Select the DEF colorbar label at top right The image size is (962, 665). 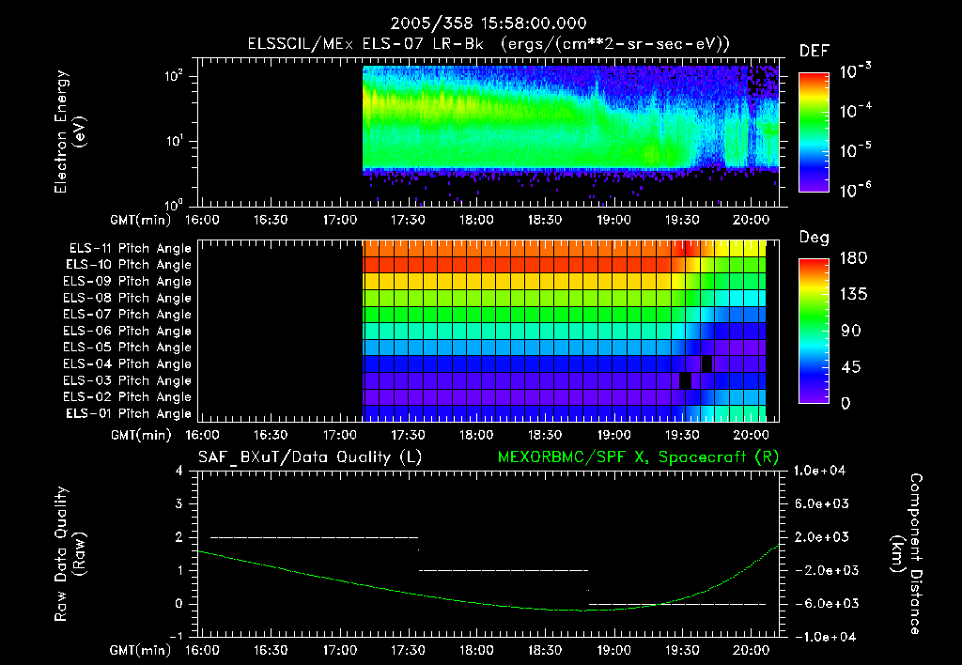click(x=814, y=52)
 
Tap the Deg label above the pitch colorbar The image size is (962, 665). click(x=814, y=238)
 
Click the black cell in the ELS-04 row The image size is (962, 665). click(x=706, y=363)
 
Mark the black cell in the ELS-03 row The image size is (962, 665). click(x=685, y=380)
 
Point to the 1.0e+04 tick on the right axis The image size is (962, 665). click(x=821, y=471)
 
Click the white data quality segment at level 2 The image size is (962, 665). click(x=314, y=537)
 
